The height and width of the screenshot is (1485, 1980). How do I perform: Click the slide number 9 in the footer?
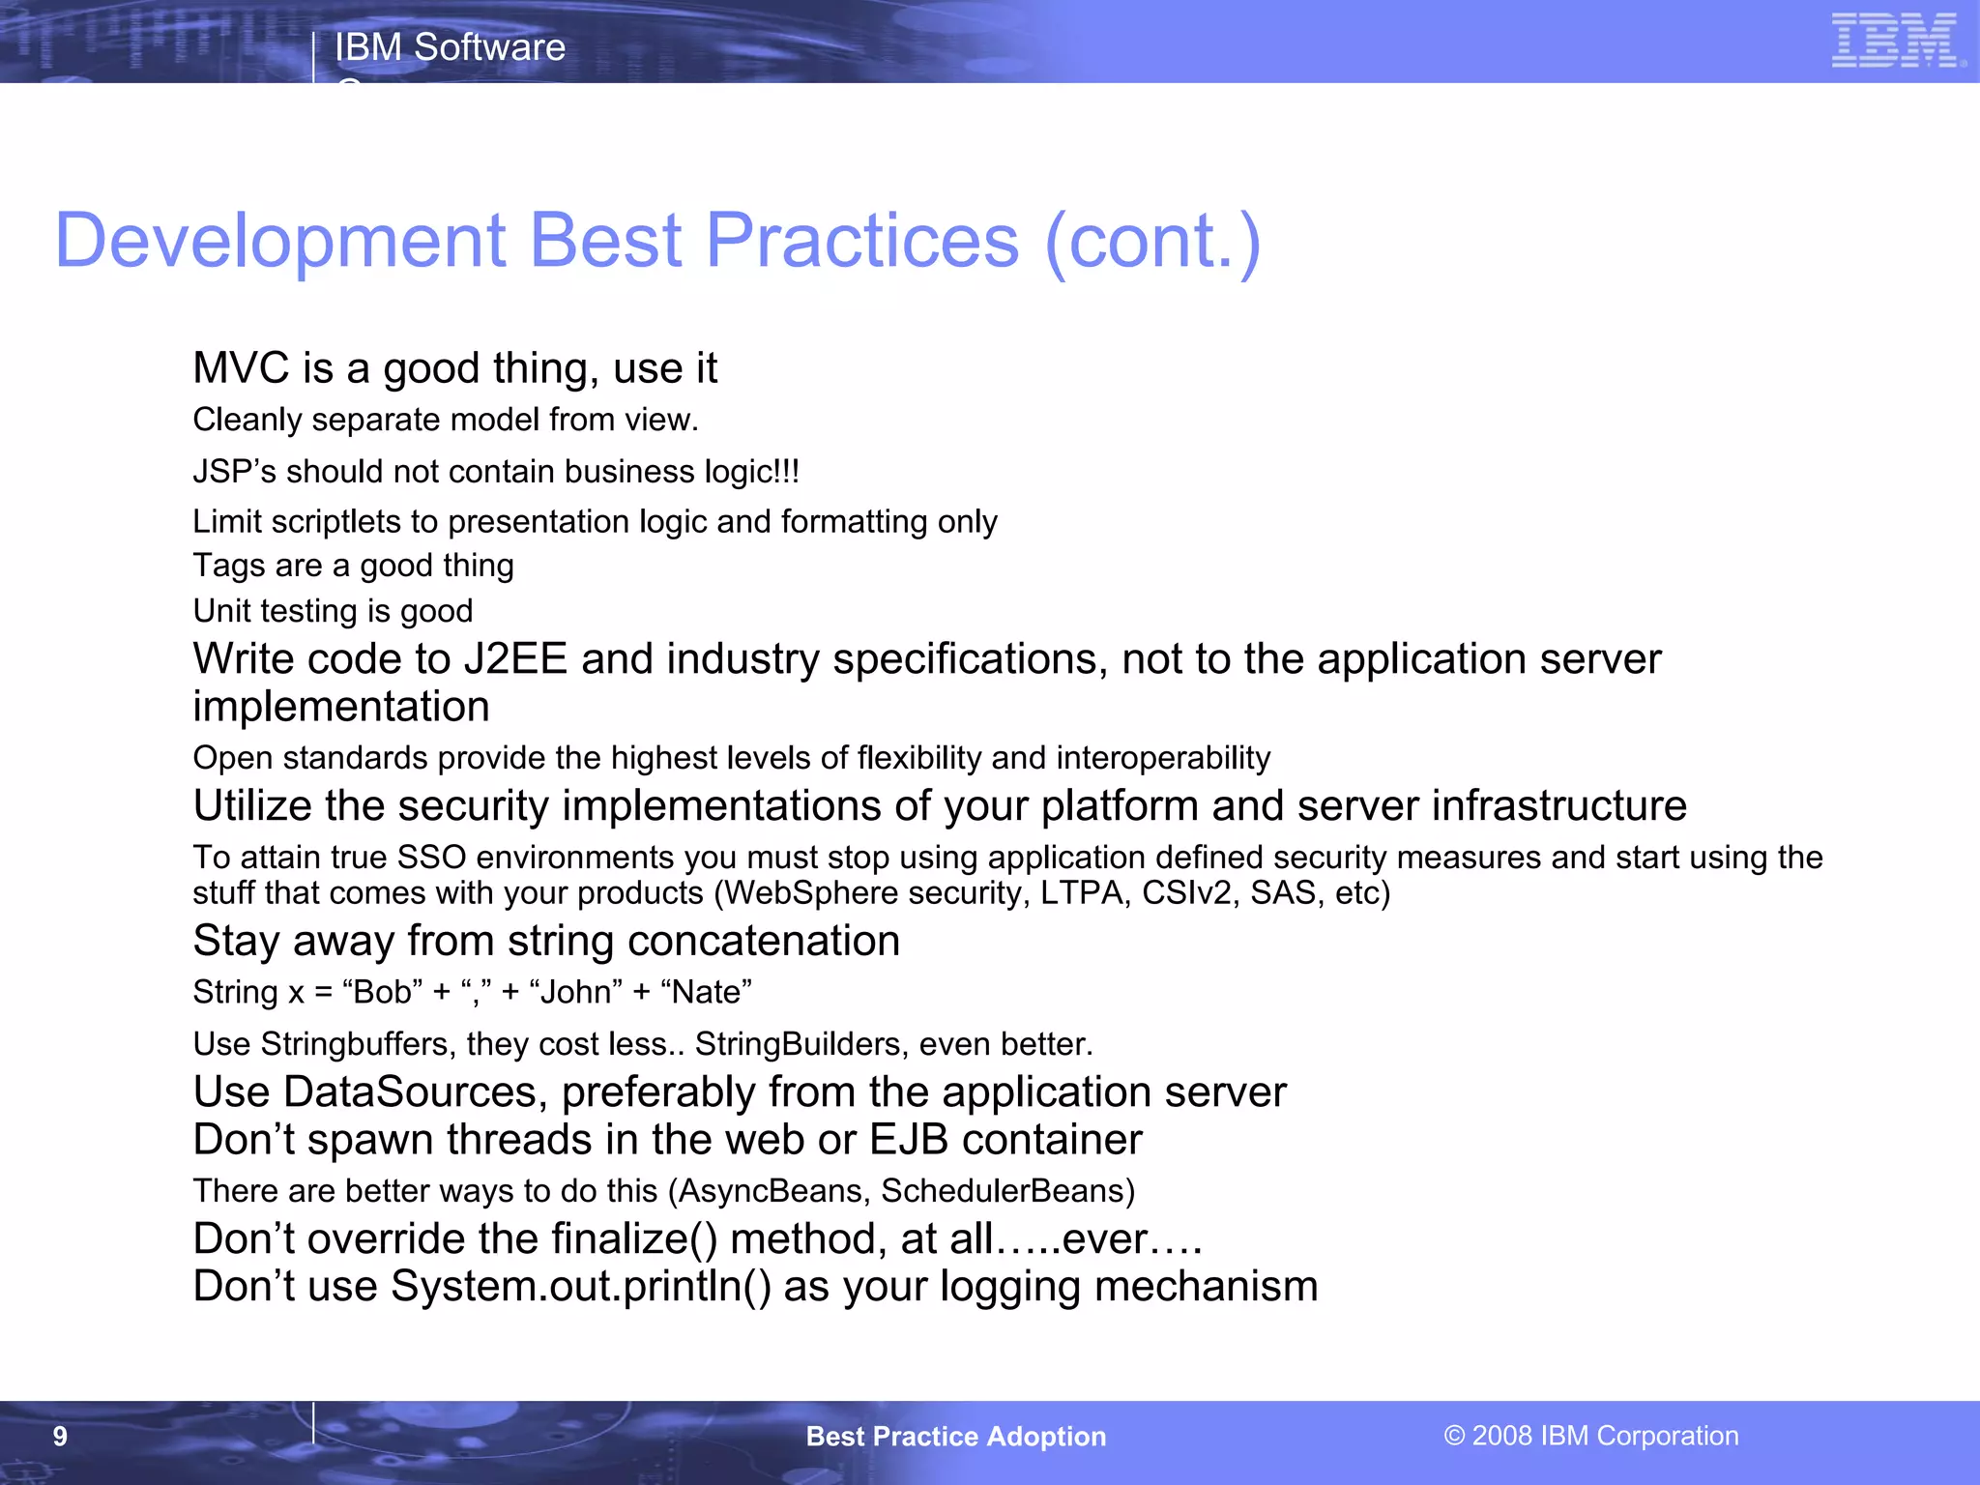tap(60, 1437)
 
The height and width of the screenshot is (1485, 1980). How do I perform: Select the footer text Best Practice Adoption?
tap(955, 1437)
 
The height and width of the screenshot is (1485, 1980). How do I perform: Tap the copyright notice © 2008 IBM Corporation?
tap(1591, 1436)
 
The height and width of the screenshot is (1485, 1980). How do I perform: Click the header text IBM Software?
tap(450, 47)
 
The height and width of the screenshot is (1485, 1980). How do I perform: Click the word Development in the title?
tap(280, 241)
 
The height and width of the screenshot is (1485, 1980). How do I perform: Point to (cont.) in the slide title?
tap(1152, 241)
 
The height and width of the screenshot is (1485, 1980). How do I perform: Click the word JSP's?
tap(234, 472)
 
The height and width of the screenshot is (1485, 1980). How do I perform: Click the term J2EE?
tap(515, 659)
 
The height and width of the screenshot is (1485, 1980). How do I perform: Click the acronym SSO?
tap(431, 858)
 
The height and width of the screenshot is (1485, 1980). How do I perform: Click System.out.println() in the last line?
tap(580, 1287)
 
